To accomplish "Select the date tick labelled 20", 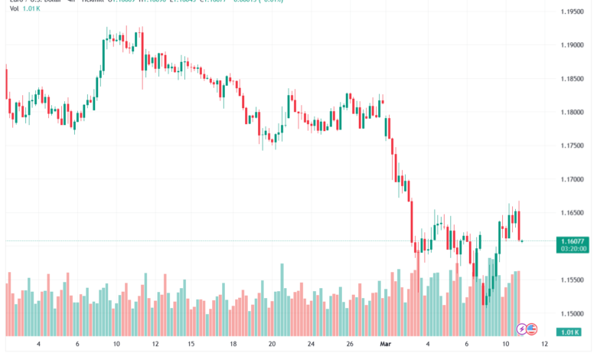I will [272, 345].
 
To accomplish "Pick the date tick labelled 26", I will [349, 345].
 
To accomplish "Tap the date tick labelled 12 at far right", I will [544, 345].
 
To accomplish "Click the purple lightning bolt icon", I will [523, 329].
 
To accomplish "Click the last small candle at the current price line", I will [523, 241].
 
